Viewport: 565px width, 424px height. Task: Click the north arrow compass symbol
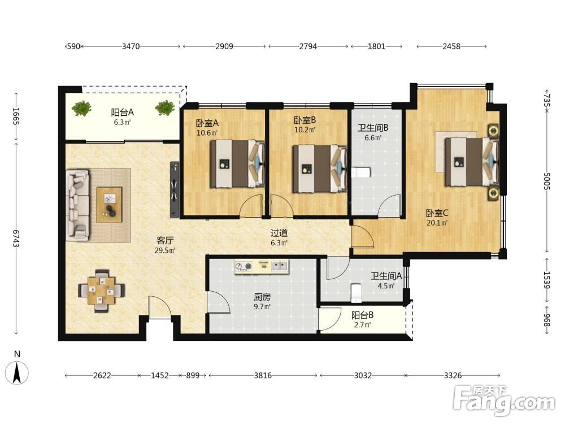16,372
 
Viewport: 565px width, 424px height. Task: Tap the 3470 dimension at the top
131,46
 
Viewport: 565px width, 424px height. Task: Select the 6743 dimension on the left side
16,239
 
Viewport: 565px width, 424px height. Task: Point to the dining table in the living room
102,291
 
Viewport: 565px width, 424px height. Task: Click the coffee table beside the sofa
109,205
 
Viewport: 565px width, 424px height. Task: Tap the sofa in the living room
77,205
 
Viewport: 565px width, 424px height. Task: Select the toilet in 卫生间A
355,293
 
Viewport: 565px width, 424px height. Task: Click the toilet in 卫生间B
361,172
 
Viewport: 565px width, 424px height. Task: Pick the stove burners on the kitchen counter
243,266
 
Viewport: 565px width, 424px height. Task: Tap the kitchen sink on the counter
280,266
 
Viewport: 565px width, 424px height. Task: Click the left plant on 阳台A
81,108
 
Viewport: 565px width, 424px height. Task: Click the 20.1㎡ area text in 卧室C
437,223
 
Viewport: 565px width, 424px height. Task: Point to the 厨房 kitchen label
262,297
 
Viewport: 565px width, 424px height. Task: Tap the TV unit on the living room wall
175,189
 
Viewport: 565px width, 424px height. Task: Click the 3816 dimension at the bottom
263,375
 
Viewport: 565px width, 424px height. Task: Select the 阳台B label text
362,315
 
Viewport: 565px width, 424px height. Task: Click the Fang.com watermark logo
504,400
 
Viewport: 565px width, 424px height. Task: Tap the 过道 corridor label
279,233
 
